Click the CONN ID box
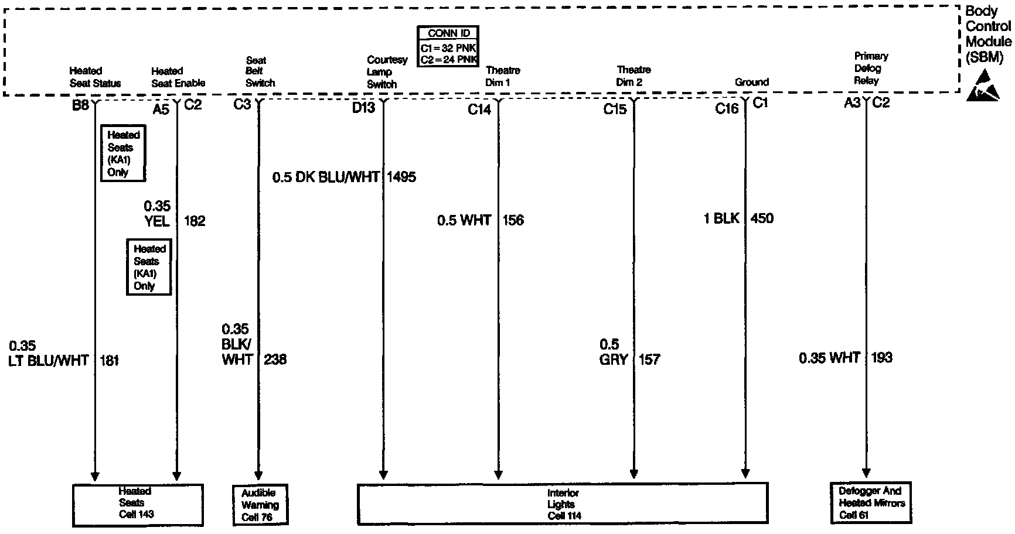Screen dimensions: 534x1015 448,46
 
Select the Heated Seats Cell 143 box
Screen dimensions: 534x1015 138,503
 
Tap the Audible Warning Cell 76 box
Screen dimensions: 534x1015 261,505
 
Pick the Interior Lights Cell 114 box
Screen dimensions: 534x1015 562,504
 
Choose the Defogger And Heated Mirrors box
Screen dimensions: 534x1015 871,503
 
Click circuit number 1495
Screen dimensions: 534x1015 401,177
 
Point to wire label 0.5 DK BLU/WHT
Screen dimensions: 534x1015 326,177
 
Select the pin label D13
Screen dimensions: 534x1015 363,108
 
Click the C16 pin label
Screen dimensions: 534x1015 727,109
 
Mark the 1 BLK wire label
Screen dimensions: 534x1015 721,219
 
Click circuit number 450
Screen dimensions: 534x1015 762,219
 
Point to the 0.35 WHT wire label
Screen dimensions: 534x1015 829,358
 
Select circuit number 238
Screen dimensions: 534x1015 275,360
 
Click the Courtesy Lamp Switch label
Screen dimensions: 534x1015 386,72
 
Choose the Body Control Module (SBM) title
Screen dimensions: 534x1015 988,34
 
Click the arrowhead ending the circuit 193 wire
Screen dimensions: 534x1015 866,474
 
